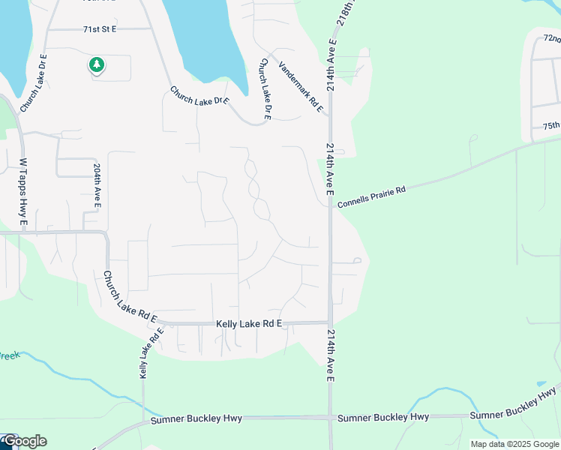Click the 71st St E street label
(x=100, y=29)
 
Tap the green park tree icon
(x=96, y=66)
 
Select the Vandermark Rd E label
(x=300, y=87)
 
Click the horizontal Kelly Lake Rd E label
(x=248, y=323)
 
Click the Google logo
(x=25, y=441)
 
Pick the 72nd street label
(x=551, y=38)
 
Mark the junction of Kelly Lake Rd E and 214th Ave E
(x=330, y=323)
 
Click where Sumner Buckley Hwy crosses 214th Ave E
(x=330, y=417)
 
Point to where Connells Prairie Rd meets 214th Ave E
(x=331, y=205)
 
